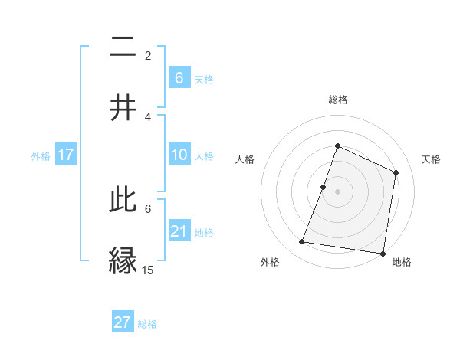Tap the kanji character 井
coord(122,106)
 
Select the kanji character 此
coord(122,201)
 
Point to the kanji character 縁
coord(122,260)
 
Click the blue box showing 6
coord(179,77)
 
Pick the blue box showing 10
coord(179,155)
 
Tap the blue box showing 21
coord(179,231)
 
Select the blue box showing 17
coord(66,155)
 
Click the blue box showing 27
coord(123,322)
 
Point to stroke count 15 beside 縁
coord(148,270)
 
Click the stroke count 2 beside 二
coord(148,56)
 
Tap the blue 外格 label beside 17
coord(41,155)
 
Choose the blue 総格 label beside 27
coord(147,323)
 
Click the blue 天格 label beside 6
coord(204,78)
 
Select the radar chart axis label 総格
coord(337,100)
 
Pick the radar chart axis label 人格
coord(245,159)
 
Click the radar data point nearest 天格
coord(396,172)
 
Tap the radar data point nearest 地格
coord(383,253)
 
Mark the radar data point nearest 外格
coord(302,242)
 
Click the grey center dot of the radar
coord(337,191)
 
